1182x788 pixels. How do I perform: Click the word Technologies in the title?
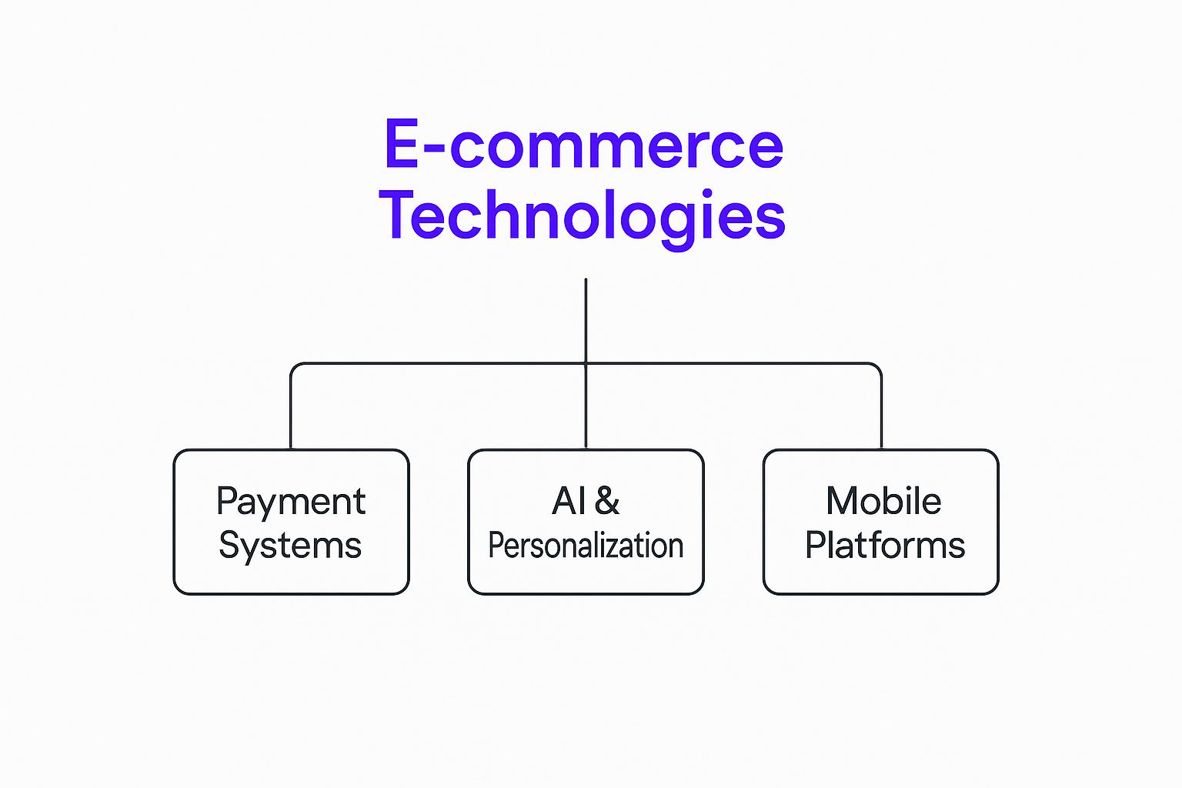(x=583, y=215)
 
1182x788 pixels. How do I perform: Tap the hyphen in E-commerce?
(x=434, y=150)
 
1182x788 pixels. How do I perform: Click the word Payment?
(x=291, y=502)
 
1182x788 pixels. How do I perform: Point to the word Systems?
(x=290, y=546)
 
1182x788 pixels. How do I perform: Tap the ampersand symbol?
(x=607, y=501)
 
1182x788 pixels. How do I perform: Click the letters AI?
(x=569, y=502)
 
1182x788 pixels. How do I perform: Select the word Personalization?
(x=586, y=546)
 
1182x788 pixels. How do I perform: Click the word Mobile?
(x=883, y=501)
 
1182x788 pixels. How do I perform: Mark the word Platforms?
(x=885, y=546)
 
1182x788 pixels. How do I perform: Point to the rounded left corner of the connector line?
(x=294, y=366)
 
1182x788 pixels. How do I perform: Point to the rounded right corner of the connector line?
(x=878, y=366)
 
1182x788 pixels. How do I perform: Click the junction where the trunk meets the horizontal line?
(x=586, y=363)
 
